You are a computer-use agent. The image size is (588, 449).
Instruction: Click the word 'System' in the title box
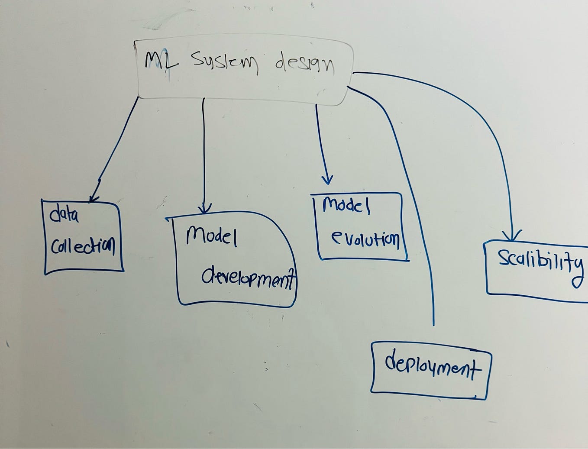tap(224, 63)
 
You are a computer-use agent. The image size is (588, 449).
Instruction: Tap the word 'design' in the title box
tap(304, 65)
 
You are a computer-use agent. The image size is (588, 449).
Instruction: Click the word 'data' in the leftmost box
tap(64, 214)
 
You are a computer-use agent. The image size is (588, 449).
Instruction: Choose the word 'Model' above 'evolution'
tap(346, 205)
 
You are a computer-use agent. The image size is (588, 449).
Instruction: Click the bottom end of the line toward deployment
tap(433, 324)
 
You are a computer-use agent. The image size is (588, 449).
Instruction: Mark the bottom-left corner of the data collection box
tap(46, 273)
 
